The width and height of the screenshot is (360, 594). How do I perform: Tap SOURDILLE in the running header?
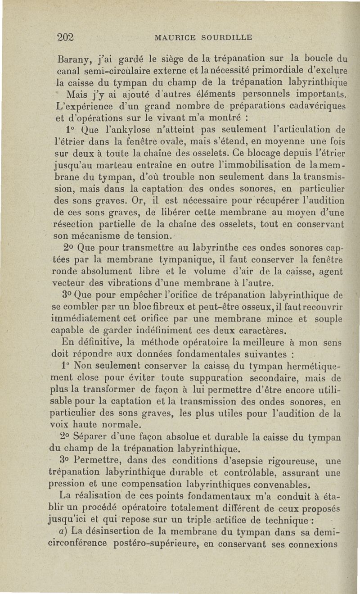(x=224, y=37)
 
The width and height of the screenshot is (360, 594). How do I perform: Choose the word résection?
(x=74, y=224)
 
